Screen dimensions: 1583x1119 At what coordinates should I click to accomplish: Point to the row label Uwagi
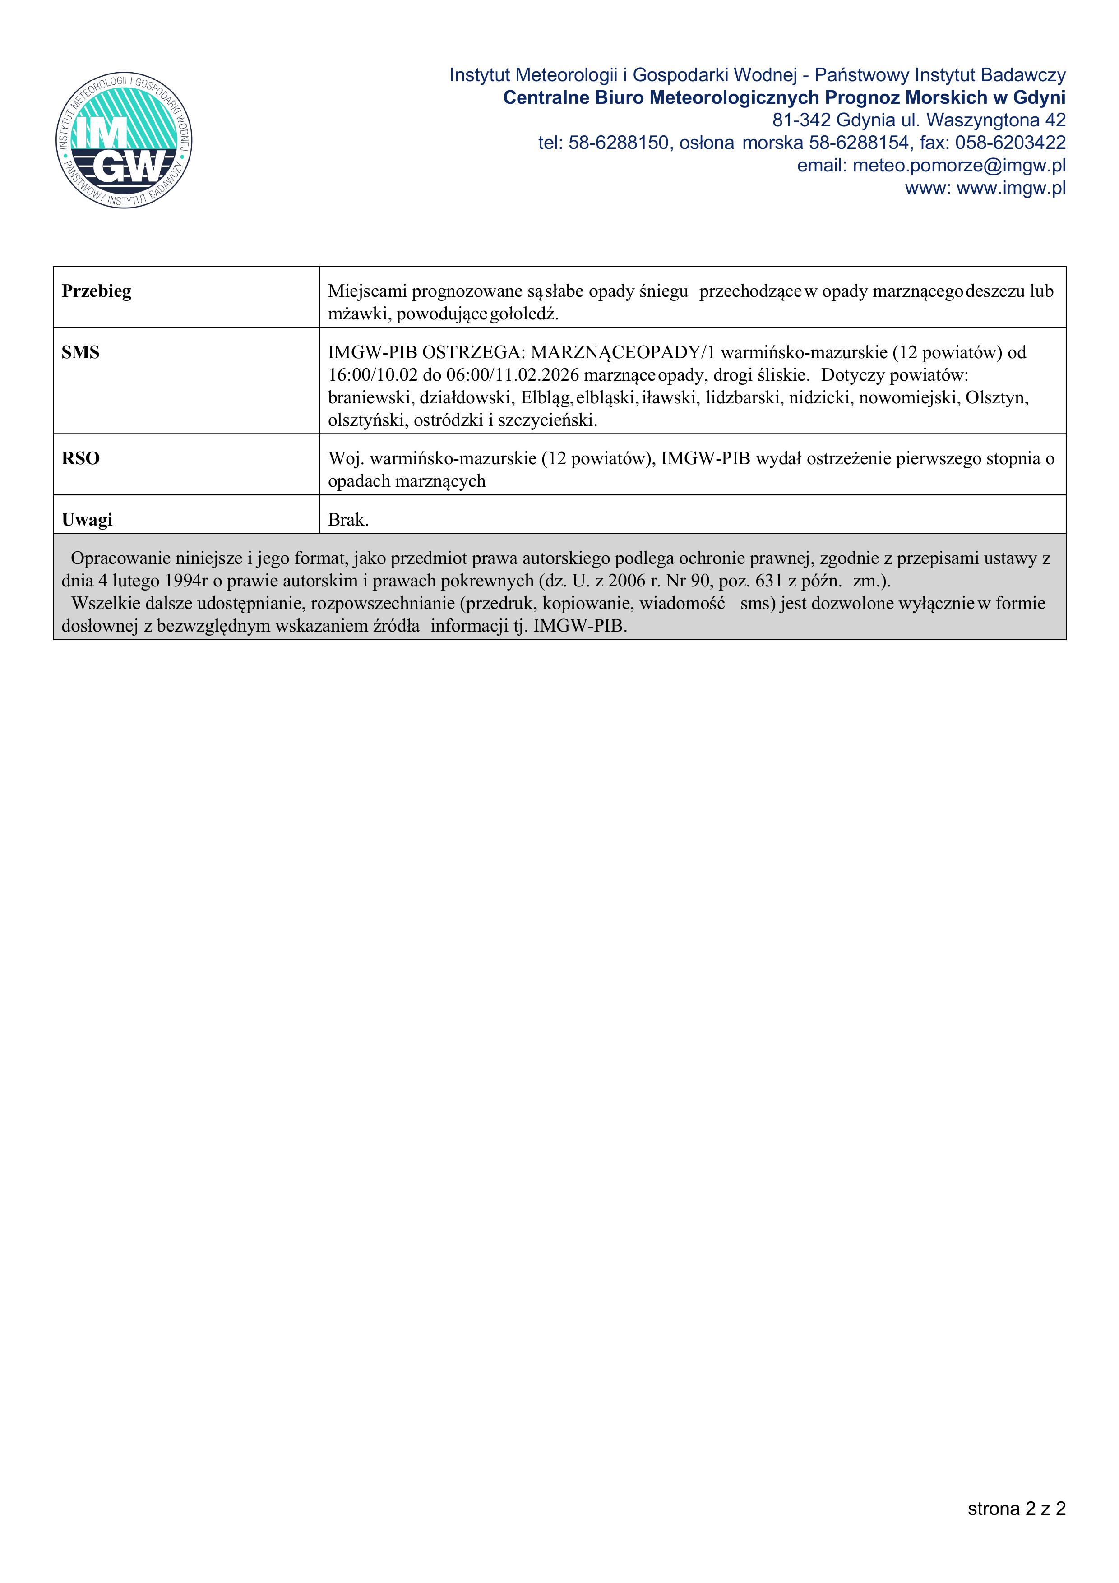pyautogui.click(x=87, y=520)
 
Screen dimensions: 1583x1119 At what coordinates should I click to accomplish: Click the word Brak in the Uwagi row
pyautogui.click(x=347, y=520)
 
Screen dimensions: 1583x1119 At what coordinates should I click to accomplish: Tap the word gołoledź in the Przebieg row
pyautogui.click(x=523, y=314)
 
